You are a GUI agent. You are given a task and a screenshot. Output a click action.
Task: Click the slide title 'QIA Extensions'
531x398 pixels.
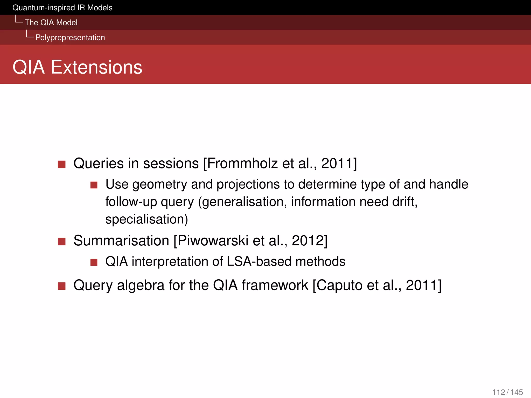[77, 67]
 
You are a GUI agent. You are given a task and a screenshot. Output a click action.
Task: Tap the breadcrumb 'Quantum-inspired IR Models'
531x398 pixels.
[62, 8]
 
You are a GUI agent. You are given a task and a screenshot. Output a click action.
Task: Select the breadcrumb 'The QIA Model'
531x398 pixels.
[51, 23]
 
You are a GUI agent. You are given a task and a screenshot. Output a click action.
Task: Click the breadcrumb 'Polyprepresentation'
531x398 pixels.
[70, 38]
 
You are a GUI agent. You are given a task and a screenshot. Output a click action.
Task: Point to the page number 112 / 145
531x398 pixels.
[507, 392]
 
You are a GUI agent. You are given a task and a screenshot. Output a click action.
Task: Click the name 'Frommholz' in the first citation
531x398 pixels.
[242, 164]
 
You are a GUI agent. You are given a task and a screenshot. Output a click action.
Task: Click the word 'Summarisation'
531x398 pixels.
[121, 241]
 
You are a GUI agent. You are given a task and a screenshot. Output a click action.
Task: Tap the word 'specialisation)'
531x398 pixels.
[146, 219]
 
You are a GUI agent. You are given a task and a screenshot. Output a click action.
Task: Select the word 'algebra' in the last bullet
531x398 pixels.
[141, 285]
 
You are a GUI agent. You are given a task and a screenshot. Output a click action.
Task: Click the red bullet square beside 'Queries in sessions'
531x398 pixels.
[62, 164]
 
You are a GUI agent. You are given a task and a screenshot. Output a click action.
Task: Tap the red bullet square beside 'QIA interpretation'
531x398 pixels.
[94, 262]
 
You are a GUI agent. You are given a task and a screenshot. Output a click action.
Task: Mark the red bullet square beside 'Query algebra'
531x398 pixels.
[62, 286]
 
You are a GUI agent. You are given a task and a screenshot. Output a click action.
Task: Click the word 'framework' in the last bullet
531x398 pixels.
[275, 285]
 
